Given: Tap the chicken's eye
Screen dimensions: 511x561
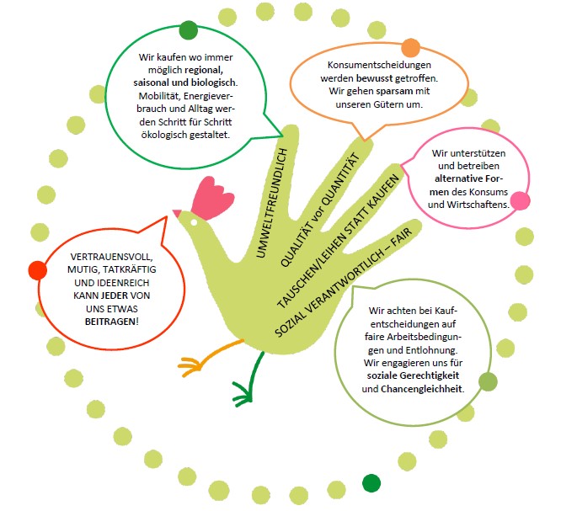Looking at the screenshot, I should coord(191,220).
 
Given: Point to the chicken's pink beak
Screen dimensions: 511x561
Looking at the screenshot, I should coord(177,211).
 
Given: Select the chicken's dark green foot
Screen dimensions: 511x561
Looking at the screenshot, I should coord(247,388).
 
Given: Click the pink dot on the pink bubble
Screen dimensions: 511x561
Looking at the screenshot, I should coord(521,202).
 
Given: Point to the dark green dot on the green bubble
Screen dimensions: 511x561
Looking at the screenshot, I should coord(189,31).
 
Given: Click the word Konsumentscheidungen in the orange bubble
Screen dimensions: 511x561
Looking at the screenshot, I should coord(379,65).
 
